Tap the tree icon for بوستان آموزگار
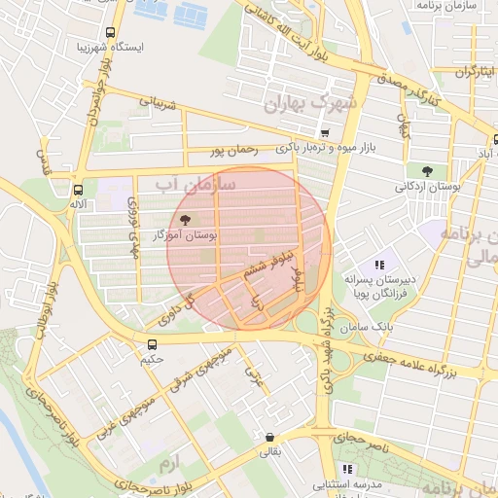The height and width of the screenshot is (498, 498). (186, 221)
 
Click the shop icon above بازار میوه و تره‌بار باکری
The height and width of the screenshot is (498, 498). (324, 134)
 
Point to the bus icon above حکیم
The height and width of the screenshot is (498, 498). (152, 345)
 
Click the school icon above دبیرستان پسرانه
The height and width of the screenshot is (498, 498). (378, 264)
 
